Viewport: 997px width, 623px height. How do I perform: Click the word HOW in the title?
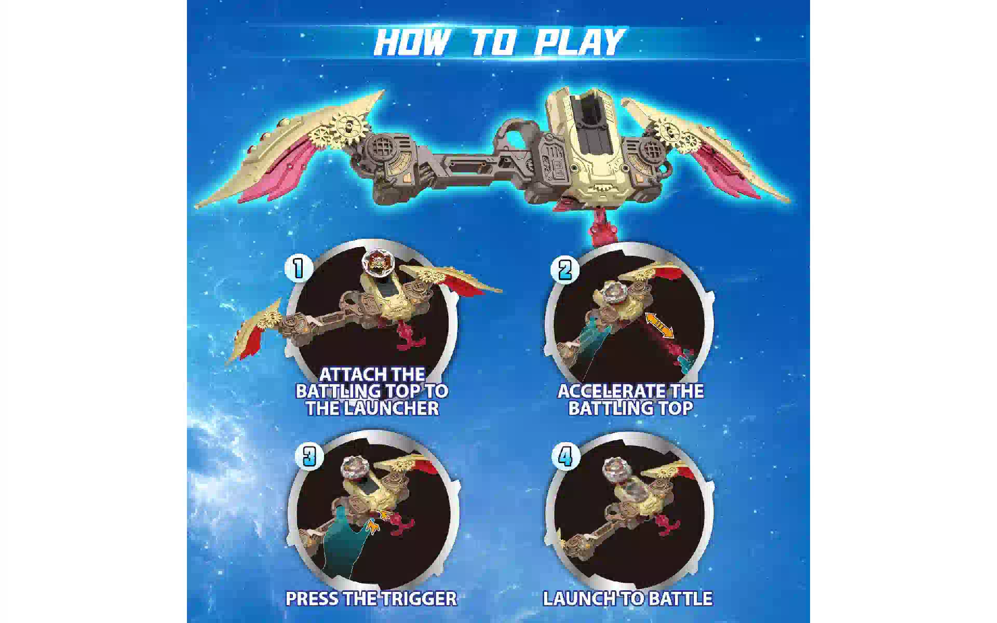[x=410, y=42]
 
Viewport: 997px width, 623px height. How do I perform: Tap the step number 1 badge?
[x=299, y=268]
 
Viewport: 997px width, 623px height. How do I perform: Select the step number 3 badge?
[x=309, y=456]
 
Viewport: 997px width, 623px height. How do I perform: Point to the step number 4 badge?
[x=565, y=457]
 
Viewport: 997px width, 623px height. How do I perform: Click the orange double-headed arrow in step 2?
[x=659, y=326]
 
